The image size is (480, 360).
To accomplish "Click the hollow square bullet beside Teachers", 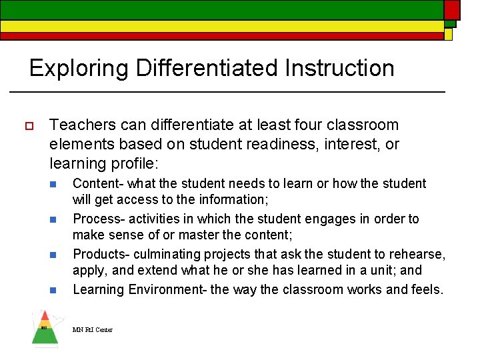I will (29, 125).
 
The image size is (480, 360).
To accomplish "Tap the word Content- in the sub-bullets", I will (98, 183).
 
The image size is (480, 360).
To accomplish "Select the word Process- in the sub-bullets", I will (99, 219).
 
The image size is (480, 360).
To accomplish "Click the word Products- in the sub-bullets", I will (101, 254).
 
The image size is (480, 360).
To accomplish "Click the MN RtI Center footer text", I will (93, 329).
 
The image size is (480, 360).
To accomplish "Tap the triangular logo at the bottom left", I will (45, 328).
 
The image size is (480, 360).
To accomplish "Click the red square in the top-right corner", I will (452, 9).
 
